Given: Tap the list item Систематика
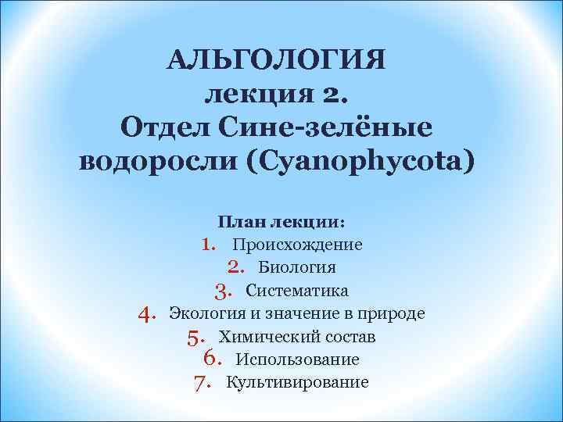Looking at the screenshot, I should tap(297, 291).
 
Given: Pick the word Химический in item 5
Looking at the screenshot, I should tap(265, 337).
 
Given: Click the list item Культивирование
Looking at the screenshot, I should tap(297, 382).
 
